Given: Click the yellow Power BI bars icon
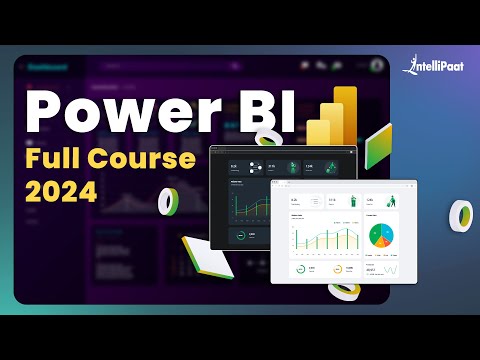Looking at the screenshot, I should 338,117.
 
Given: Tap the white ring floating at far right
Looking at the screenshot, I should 461,213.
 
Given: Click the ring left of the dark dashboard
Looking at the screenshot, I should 169,201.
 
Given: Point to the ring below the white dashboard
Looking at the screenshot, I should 344,289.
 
